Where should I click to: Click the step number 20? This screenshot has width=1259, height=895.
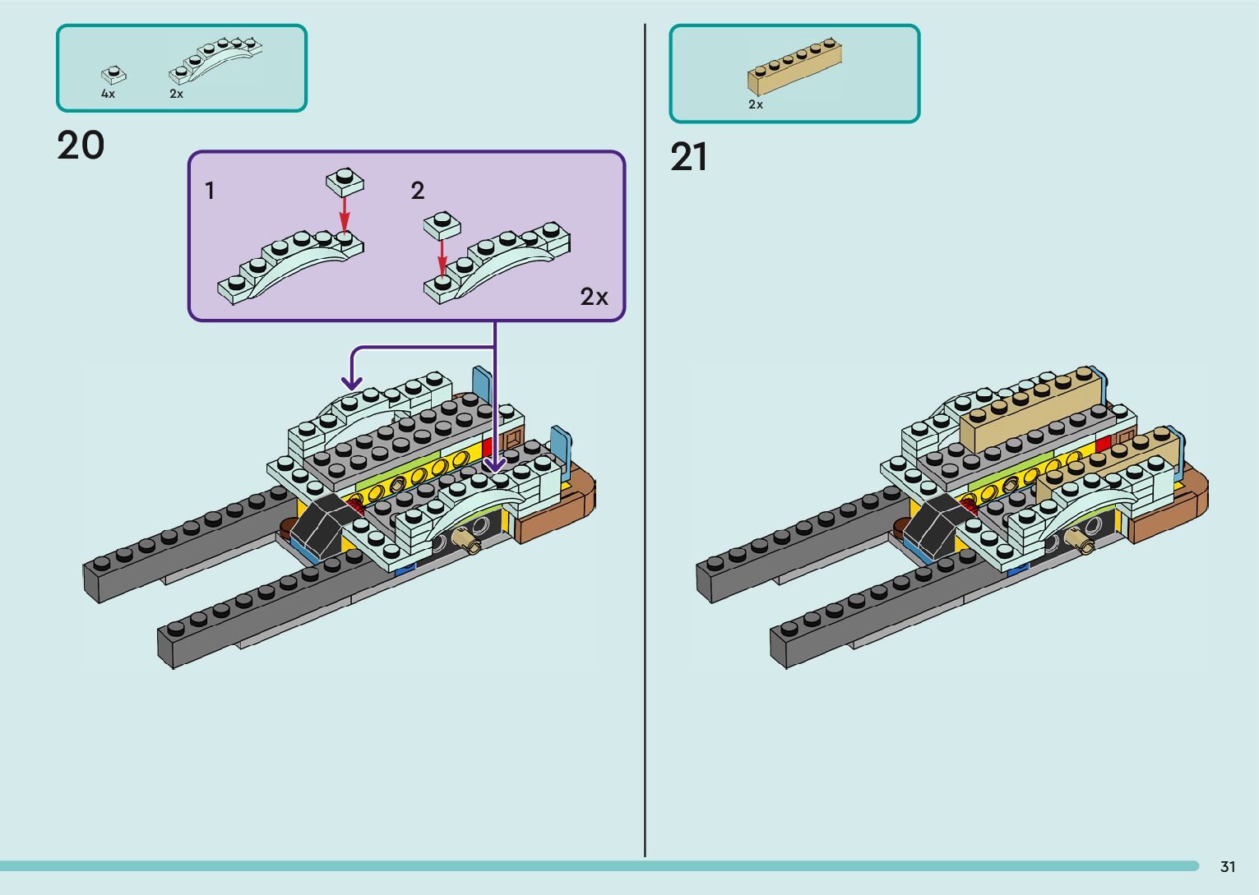coord(81,146)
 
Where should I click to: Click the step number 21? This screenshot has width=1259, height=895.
coord(688,157)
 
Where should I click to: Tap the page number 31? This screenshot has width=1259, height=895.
coord(1228,866)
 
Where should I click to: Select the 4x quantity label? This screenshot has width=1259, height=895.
coord(108,95)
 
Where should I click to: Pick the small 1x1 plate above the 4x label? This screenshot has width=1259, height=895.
coord(113,75)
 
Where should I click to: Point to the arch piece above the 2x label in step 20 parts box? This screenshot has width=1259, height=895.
coord(215,60)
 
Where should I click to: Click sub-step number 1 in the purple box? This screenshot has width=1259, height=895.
coord(210,191)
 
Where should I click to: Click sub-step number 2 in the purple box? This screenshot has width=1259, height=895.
coord(418,191)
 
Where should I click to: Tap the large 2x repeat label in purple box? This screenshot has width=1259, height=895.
coord(594,297)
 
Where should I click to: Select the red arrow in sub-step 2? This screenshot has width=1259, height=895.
coord(442,256)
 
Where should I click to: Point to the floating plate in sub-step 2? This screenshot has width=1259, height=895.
coord(442,225)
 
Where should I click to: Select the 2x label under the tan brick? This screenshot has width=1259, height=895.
coord(756,105)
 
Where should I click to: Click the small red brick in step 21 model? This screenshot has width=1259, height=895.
coord(1104,444)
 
